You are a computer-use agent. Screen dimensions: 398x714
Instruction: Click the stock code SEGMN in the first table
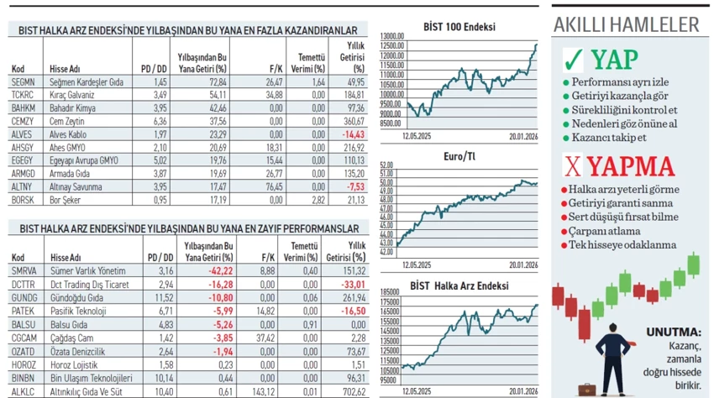pyautogui.click(x=23, y=82)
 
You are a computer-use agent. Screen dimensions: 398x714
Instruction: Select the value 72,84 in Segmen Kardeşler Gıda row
pyautogui.click(x=218, y=82)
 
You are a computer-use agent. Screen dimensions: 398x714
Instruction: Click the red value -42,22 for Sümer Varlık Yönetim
pyautogui.click(x=219, y=270)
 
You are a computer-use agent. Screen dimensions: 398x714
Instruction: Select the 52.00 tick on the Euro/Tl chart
pyautogui.click(x=387, y=165)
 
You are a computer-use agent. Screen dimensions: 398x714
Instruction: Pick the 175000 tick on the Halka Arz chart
pyautogui.click(x=390, y=301)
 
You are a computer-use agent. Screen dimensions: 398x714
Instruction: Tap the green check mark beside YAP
pyautogui.click(x=574, y=60)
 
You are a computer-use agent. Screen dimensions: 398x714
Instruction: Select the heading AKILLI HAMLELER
pyautogui.click(x=626, y=24)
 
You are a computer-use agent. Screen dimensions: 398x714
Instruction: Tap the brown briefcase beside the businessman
pyautogui.click(x=585, y=388)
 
